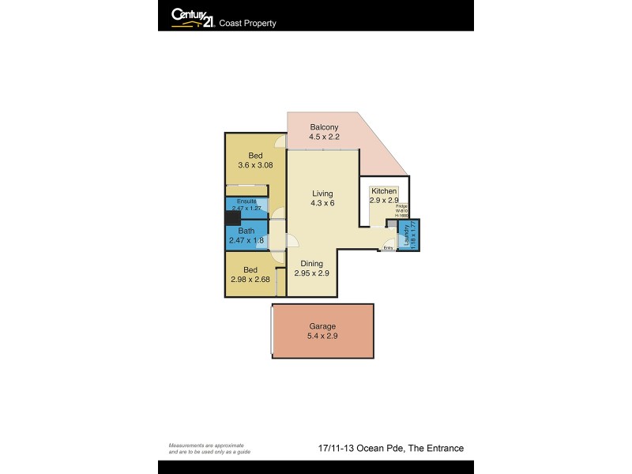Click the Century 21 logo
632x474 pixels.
[193, 17]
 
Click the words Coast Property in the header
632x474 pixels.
[248, 24]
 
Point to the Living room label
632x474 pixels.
[322, 194]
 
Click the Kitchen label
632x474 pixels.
[384, 191]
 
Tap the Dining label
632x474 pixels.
[311, 263]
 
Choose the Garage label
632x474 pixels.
[322, 326]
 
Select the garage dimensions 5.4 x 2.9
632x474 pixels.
[322, 337]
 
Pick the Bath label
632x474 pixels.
[246, 231]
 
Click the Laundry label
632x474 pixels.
[407, 235]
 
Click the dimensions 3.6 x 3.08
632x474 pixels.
[255, 165]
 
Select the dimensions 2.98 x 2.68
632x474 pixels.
[251, 280]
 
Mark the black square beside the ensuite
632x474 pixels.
[231, 219]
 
